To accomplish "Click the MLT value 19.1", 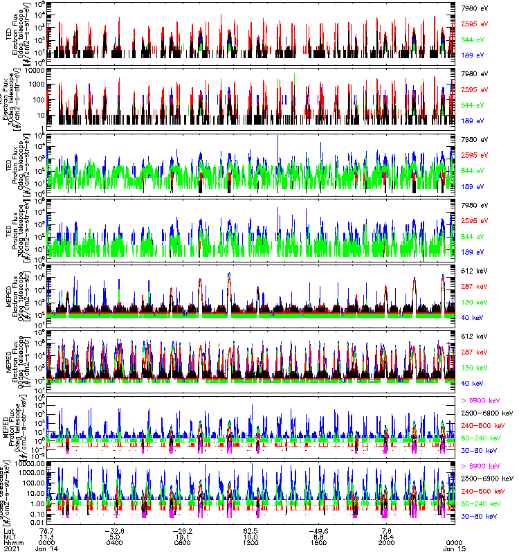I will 183,535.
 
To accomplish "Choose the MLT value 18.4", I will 385,535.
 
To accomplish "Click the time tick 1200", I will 251,541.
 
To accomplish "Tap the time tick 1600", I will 318,541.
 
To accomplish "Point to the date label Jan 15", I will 453,548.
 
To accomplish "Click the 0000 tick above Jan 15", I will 453,541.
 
